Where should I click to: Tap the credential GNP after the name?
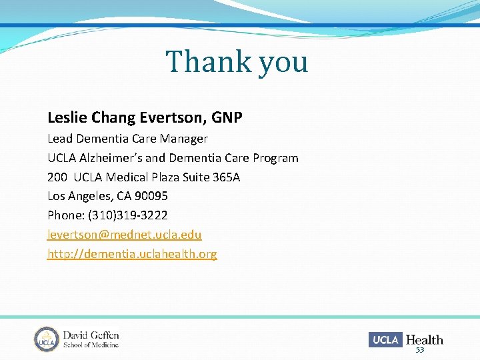(227, 118)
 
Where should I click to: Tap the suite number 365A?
(226, 177)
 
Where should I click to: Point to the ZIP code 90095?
(151, 196)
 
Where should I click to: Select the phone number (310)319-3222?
(127, 215)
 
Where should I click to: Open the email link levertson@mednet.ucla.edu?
(125, 235)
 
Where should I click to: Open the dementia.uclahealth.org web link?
(132, 254)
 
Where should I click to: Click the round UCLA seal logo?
(47, 339)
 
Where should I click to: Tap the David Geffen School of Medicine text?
(91, 339)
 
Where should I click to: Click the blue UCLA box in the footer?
(385, 339)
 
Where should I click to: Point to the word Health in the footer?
(424, 339)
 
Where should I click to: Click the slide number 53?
(420, 351)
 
